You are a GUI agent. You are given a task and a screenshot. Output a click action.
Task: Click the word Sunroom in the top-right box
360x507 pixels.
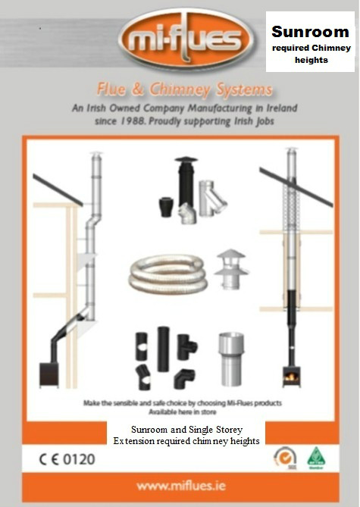310,32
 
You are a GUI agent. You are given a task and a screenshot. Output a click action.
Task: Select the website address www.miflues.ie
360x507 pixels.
181,486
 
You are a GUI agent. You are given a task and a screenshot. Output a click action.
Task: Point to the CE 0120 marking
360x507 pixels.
67,459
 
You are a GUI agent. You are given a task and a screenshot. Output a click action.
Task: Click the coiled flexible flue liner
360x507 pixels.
168,274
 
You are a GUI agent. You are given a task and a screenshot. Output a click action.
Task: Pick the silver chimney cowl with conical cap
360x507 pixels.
231,269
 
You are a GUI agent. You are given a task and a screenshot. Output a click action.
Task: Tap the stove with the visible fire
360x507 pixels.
292,377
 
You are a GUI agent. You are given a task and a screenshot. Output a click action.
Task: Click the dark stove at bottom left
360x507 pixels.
49,375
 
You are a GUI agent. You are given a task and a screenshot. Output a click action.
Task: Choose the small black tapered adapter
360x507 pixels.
166,207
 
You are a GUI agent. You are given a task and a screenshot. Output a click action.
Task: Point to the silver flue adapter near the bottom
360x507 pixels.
231,359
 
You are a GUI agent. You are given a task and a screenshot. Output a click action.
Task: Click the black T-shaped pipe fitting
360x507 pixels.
186,346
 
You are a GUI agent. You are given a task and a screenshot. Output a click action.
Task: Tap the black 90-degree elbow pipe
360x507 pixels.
185,379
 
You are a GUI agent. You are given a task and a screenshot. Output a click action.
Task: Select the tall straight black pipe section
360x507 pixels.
164,349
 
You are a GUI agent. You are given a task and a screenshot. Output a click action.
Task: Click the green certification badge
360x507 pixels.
316,458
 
